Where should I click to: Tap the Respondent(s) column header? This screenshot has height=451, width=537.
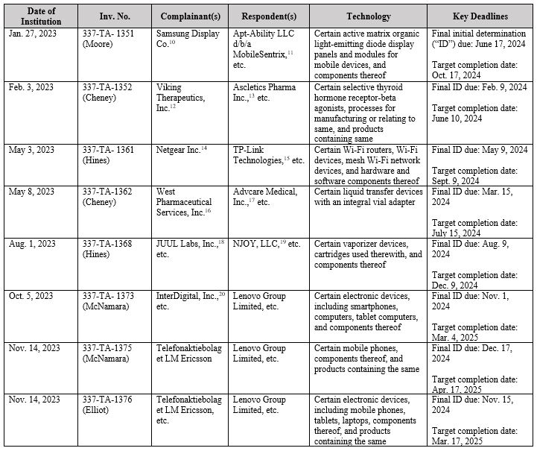(268, 16)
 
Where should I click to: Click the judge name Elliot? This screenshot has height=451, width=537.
(103, 410)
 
